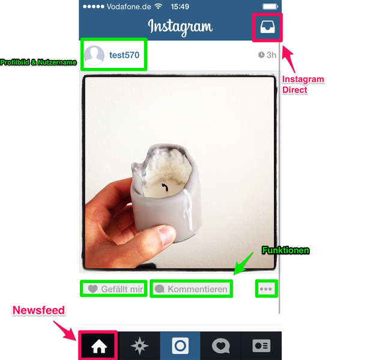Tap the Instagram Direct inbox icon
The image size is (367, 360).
pyautogui.click(x=267, y=27)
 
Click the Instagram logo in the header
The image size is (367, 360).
pyautogui.click(x=180, y=27)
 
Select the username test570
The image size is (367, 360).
pyautogui.click(x=124, y=55)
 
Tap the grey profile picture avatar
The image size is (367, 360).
pyautogui.click(x=94, y=55)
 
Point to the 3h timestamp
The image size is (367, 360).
pyautogui.click(x=267, y=55)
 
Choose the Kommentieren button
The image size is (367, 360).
pyautogui.click(x=191, y=289)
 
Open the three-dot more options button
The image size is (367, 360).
pyautogui.click(x=266, y=289)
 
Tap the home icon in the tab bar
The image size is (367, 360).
pyautogui.click(x=99, y=346)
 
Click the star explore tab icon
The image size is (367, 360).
pyautogui.click(x=139, y=346)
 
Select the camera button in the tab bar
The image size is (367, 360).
pyautogui.click(x=180, y=346)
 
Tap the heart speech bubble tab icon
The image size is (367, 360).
pyautogui.click(x=221, y=346)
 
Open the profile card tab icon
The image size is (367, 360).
pyautogui.click(x=261, y=346)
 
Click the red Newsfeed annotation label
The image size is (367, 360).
pyautogui.click(x=39, y=310)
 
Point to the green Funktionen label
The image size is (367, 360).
pyautogui.click(x=286, y=251)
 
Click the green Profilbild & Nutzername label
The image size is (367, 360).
pyautogui.click(x=38, y=63)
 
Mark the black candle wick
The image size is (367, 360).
pyautogui.click(x=165, y=187)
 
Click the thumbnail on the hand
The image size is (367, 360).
pyautogui.click(x=166, y=236)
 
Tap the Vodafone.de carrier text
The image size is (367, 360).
pyautogui.click(x=129, y=7)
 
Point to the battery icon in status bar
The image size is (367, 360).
pyautogui.click(x=270, y=7)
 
